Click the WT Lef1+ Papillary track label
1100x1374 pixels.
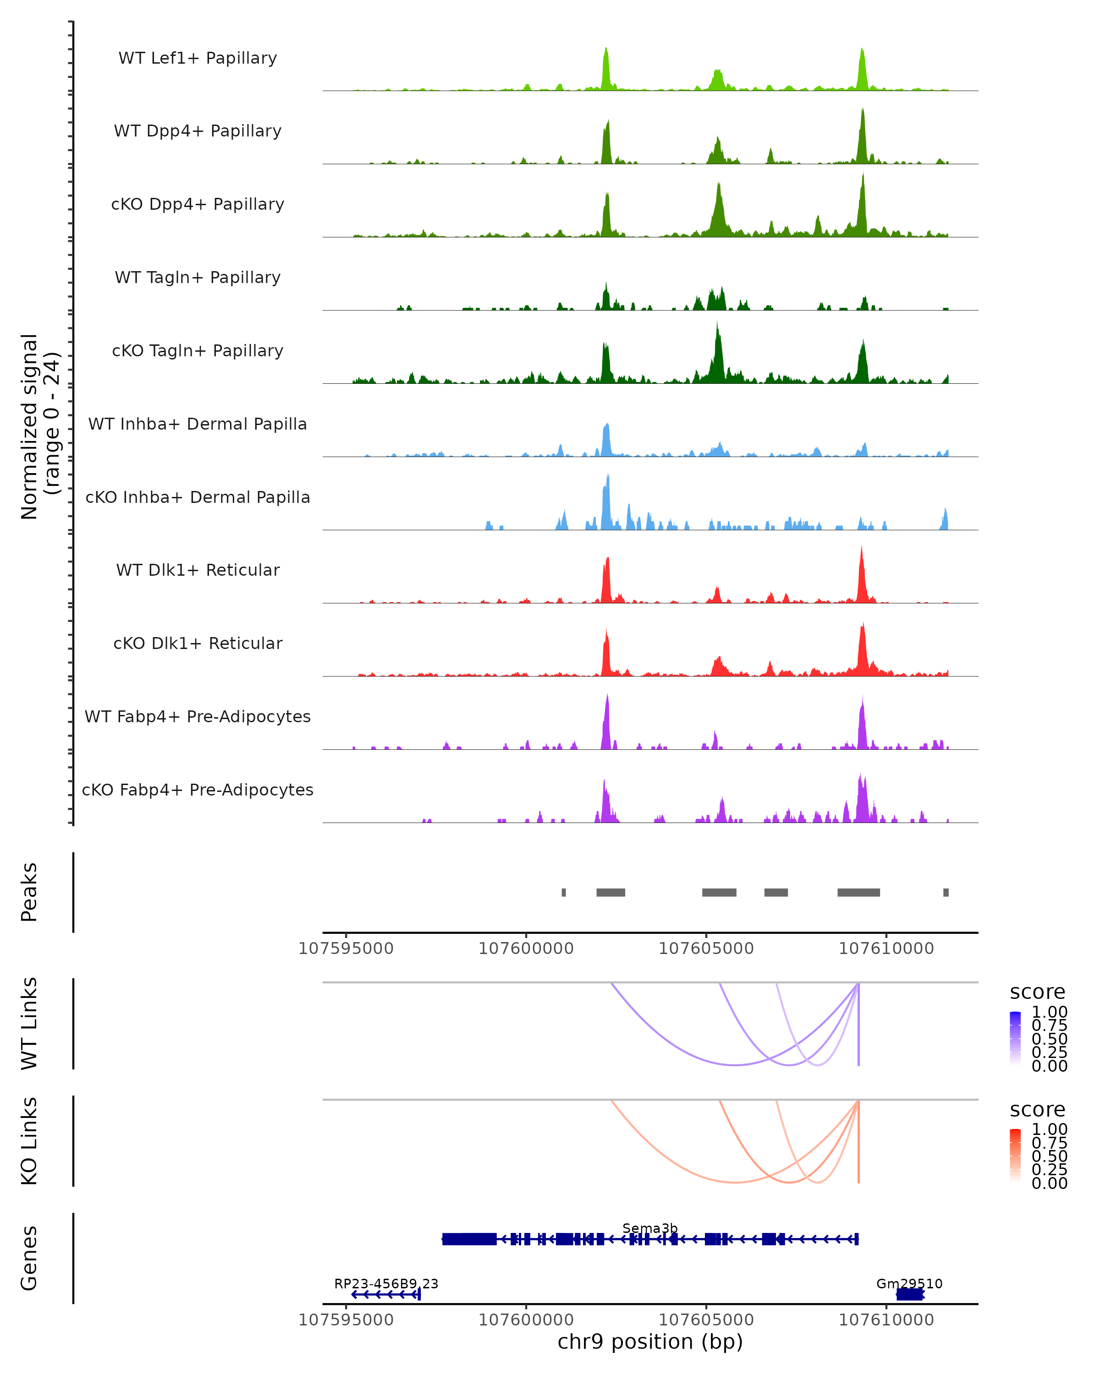coord(198,58)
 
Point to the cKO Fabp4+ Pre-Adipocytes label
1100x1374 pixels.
coord(198,790)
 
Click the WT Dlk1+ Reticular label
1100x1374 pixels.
coord(198,570)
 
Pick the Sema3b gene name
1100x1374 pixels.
coord(650,1228)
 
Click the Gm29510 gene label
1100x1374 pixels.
coord(909,1283)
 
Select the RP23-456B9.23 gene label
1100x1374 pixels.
coord(386,1283)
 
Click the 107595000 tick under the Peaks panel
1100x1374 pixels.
coord(346,949)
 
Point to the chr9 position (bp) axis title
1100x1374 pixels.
coord(650,1342)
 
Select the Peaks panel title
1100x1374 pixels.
coord(29,892)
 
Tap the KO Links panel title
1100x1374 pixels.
coord(29,1141)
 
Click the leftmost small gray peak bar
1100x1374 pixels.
coord(564,892)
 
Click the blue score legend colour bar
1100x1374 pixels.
coord(1015,1037)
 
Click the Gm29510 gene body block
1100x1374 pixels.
coord(909,1294)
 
